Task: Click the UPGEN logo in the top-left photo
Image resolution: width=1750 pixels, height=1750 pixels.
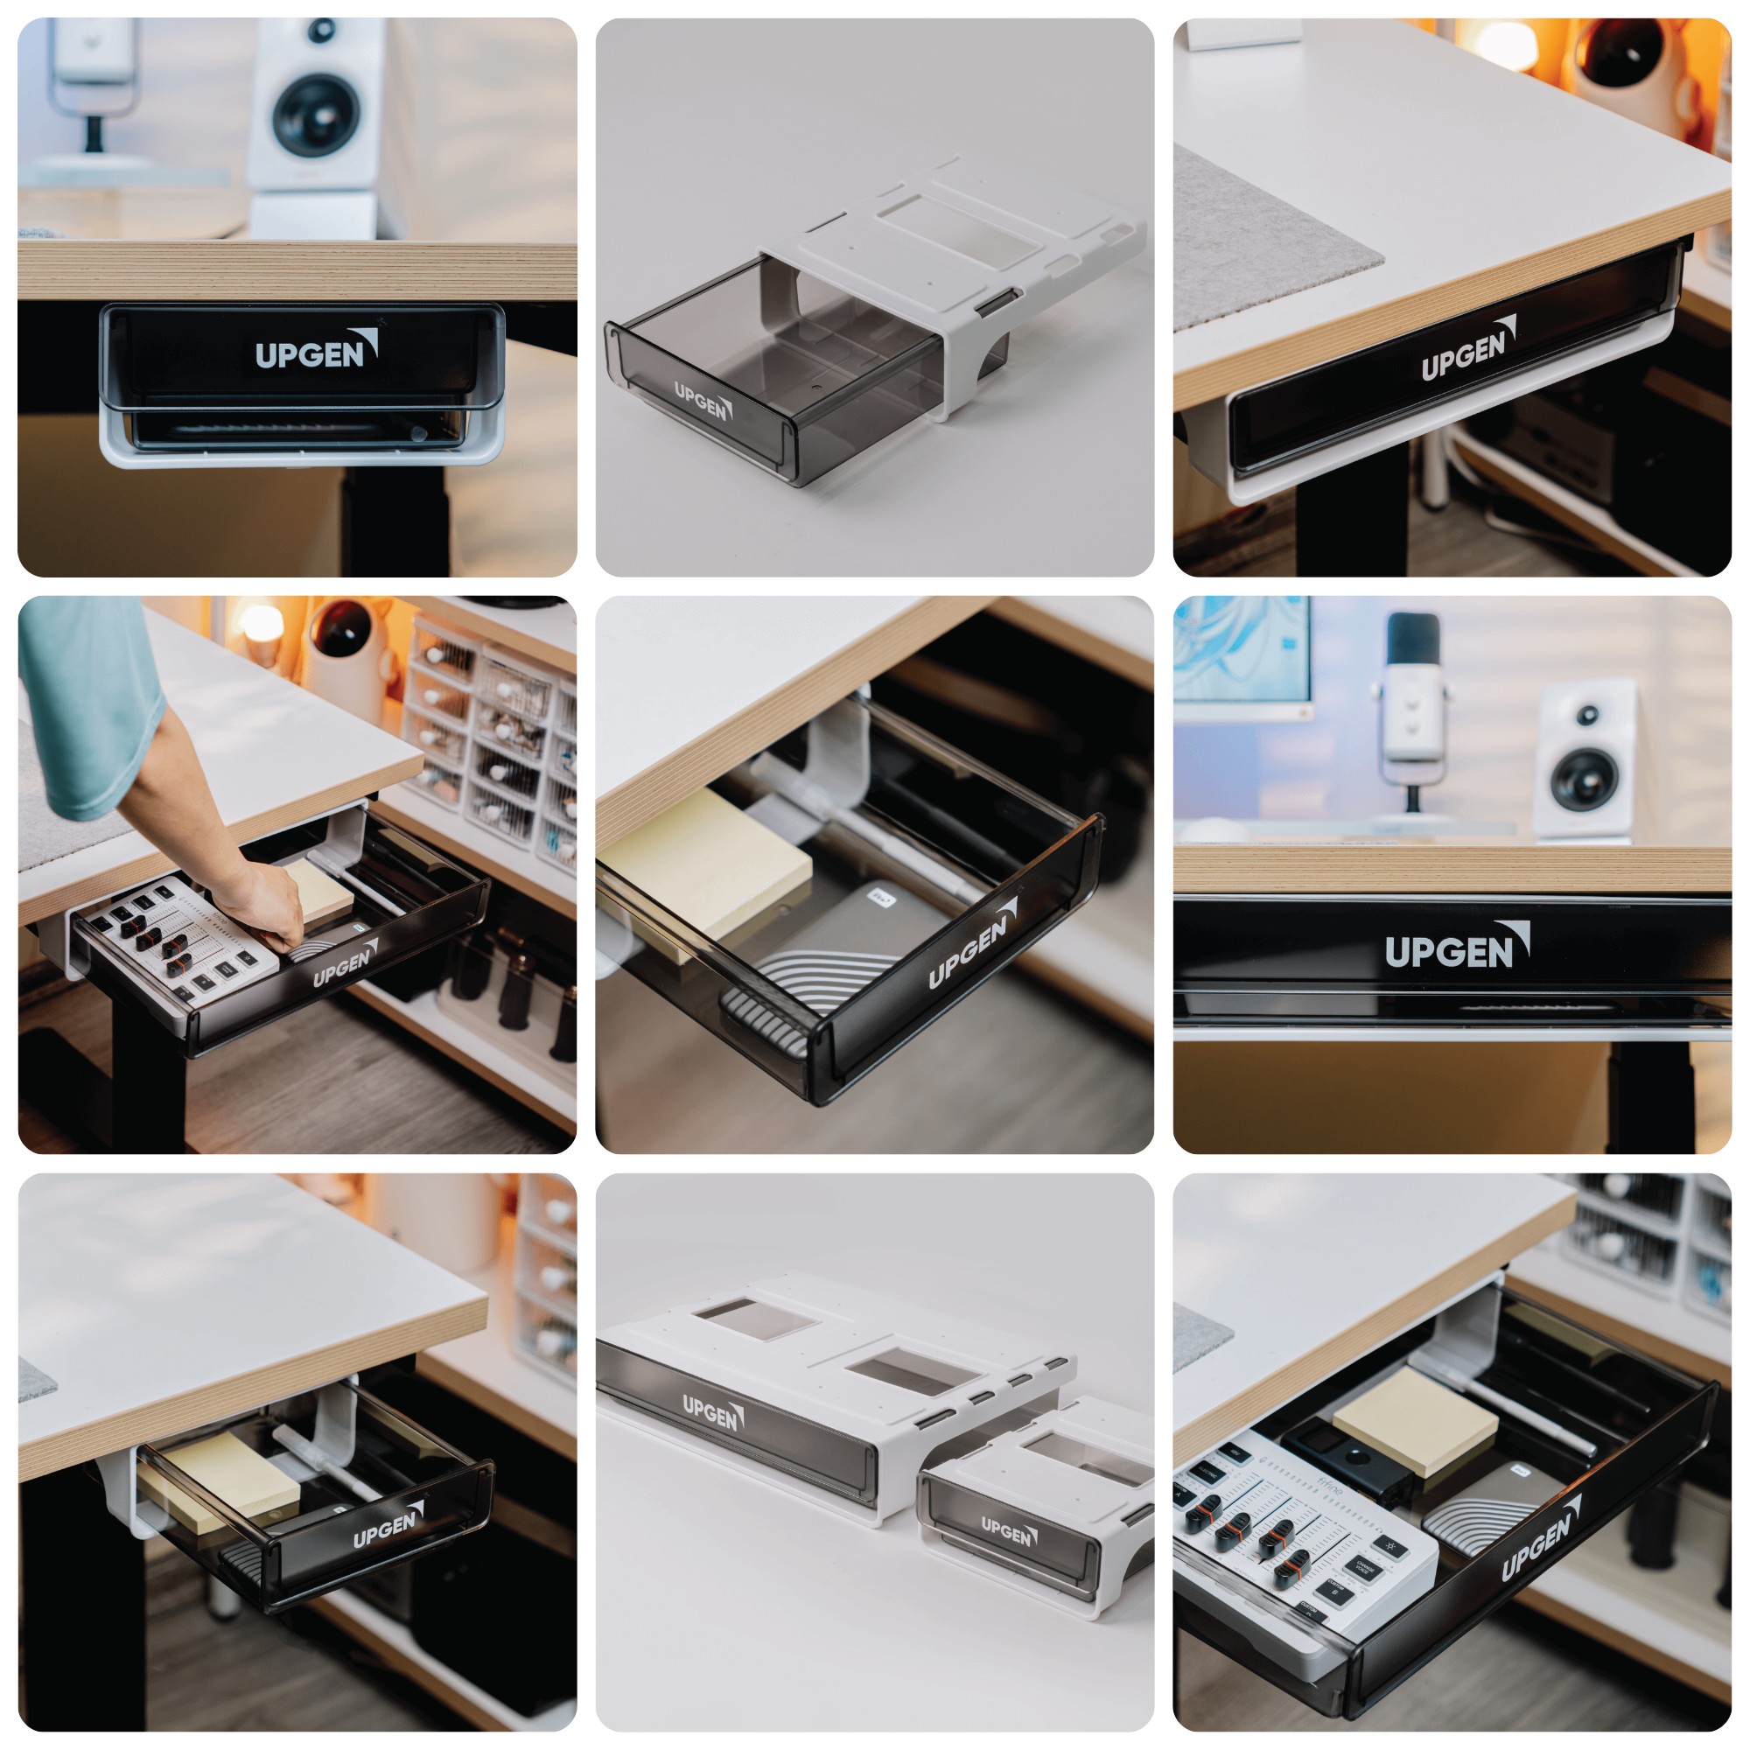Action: click(x=315, y=351)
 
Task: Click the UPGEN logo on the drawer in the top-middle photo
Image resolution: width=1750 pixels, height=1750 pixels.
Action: click(x=703, y=402)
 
